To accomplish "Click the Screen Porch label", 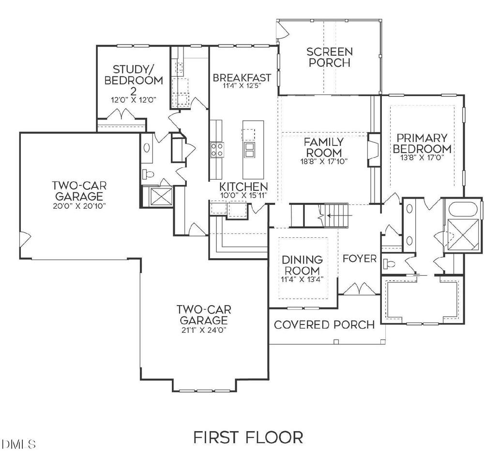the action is click(330, 57).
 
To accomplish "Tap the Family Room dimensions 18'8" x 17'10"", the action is click(324, 161).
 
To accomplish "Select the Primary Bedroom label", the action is click(422, 143).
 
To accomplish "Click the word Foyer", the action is click(360, 259).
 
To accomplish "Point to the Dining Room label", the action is click(302, 265).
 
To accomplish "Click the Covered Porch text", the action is click(324, 325).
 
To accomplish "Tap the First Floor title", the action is click(248, 437).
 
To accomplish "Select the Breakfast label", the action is click(242, 77).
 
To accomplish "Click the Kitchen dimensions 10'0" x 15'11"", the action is click(243, 195).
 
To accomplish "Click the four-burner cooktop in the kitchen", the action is click(217, 150).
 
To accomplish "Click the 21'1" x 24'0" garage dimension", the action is click(204, 330).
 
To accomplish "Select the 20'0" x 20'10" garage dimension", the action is click(79, 206).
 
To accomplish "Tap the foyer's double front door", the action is click(359, 289).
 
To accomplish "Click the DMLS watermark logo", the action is click(18, 444).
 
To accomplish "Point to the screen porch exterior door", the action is click(282, 29).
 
